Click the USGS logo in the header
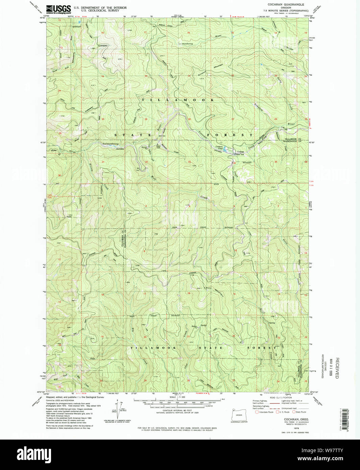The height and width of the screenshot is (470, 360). coord(58,9)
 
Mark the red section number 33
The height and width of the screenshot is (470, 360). coord(189,162)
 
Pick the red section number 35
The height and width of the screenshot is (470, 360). coord(275,162)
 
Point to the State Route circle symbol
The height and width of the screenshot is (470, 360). coord(294,412)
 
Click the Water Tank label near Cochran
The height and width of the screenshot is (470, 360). coord(239,155)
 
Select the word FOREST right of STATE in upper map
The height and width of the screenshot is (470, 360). coord(229,135)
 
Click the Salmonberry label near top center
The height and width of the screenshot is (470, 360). coord(186,44)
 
